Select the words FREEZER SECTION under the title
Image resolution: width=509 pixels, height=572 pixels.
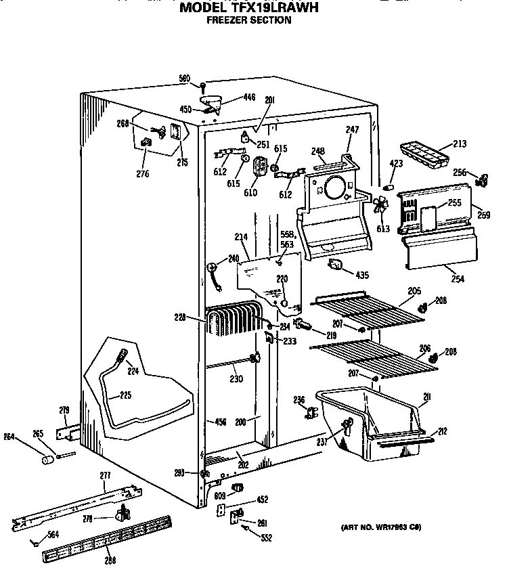coord(248,20)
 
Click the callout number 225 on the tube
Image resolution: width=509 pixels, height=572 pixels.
coord(126,395)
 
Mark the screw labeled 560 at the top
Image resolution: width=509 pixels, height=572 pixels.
coord(202,85)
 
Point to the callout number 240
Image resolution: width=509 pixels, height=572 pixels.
coord(234,258)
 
